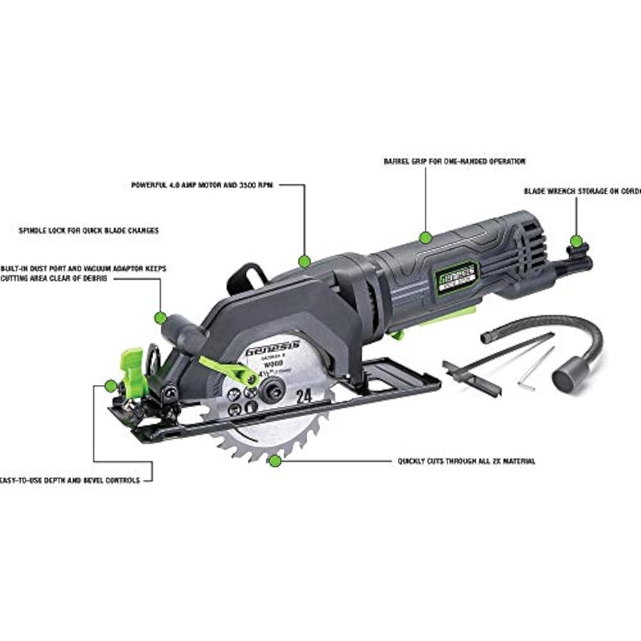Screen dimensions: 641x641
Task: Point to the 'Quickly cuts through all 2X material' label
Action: pyautogui.click(x=466, y=461)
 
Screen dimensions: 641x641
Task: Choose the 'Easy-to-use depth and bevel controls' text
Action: pyautogui.click(x=71, y=480)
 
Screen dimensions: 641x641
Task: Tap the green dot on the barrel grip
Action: pyautogui.click(x=424, y=238)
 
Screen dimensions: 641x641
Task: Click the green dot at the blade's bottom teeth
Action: pyautogui.click(x=275, y=460)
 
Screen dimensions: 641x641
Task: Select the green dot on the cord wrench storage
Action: pyautogui.click(x=576, y=241)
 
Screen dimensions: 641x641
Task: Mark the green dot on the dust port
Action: pyautogui.click(x=160, y=317)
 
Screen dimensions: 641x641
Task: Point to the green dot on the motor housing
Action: pyautogui.click(x=304, y=261)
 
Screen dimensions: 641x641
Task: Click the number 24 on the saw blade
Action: pyautogui.click(x=304, y=395)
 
